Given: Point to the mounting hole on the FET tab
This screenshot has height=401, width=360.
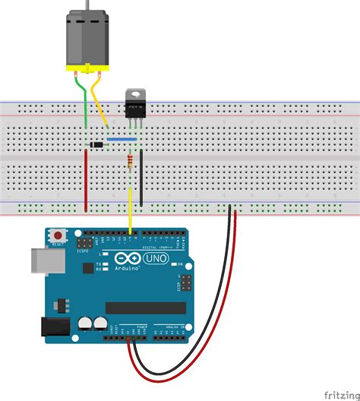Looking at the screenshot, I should click(136, 93).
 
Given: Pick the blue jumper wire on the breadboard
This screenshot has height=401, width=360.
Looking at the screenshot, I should click(122, 139).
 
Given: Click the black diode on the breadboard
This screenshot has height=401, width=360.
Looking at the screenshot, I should click(95, 144).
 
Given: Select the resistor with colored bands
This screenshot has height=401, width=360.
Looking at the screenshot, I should click(132, 160).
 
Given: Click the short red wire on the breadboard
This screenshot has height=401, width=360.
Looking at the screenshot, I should click(86, 179).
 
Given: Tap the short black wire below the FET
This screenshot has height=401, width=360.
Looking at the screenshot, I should click(142, 176).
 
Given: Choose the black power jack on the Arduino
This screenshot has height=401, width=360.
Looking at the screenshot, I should click(53, 327).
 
